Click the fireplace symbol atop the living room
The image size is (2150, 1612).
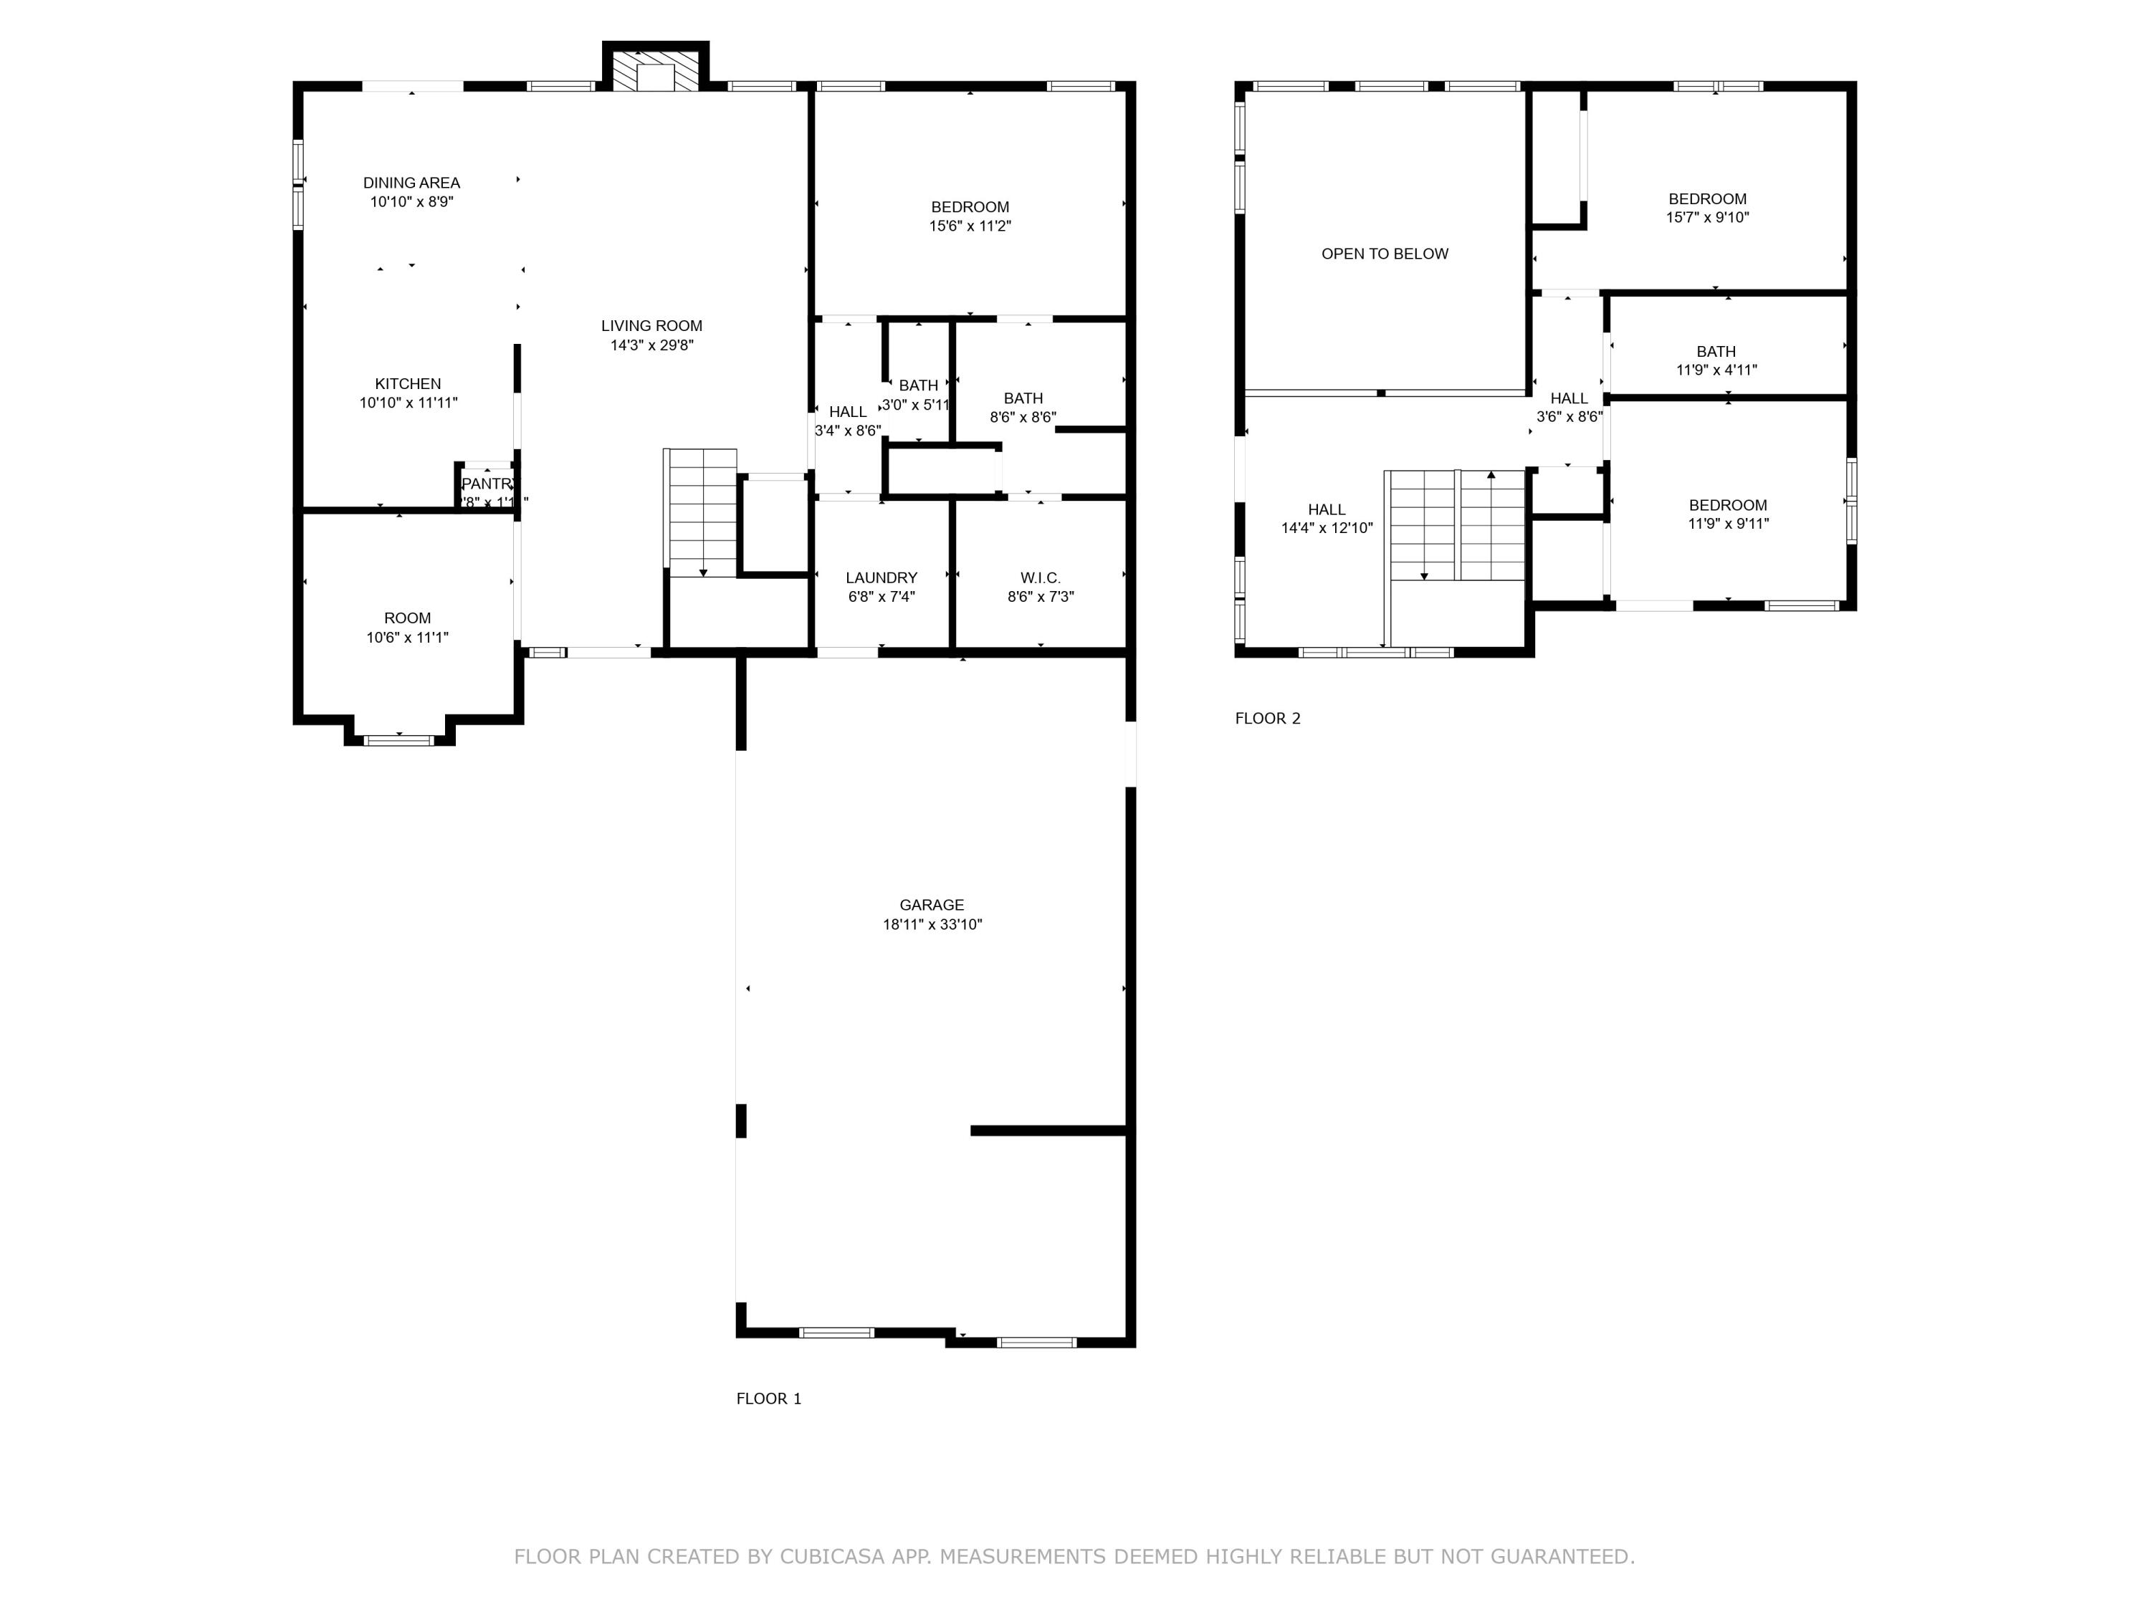coord(655,70)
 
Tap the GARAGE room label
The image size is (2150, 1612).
coord(931,905)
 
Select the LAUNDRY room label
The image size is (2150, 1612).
coord(881,577)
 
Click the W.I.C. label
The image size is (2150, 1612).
coord(1040,577)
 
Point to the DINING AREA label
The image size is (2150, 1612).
coord(411,183)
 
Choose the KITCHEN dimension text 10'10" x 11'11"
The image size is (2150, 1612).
coord(408,402)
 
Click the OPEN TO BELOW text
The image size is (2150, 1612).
coord(1384,254)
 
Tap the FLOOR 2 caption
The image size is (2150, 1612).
coord(1266,718)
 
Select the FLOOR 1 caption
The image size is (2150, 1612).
coord(768,1398)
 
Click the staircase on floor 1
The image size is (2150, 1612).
coord(701,512)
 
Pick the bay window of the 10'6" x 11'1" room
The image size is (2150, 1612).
coord(398,739)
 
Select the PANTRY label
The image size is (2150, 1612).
coord(487,484)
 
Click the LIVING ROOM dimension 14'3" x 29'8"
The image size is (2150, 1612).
coord(651,345)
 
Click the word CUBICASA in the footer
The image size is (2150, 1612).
coord(831,1555)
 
